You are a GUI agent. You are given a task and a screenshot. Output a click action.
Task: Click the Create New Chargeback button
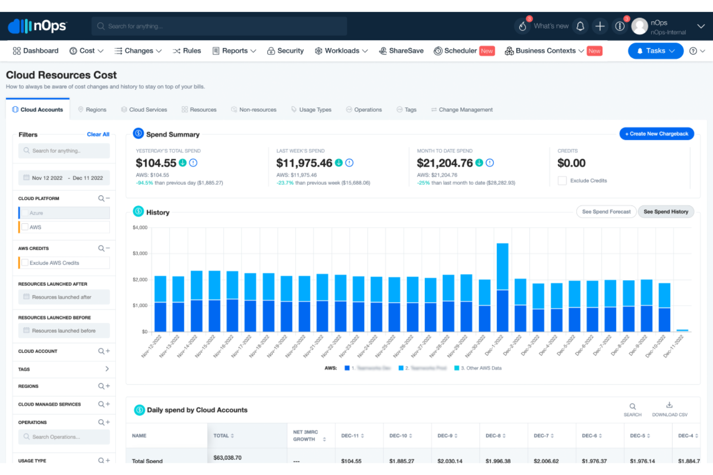656,134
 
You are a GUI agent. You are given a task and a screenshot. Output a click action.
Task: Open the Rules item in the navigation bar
187,51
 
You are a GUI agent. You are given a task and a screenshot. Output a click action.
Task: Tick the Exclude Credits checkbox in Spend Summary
562,180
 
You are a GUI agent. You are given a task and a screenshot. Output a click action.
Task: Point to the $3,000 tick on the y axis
140,253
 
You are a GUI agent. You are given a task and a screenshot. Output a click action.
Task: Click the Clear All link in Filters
98,134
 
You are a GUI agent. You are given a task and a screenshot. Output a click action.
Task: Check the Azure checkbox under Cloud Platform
25,213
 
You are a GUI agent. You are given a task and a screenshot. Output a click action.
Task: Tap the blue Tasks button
655,51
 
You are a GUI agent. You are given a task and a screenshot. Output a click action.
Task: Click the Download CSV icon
669,405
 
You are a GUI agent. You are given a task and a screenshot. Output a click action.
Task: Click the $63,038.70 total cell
227,458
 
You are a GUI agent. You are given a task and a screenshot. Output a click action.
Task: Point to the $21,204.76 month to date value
445,163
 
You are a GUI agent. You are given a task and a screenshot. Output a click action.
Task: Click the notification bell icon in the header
580,26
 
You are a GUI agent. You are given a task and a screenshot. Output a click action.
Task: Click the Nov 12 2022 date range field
64,178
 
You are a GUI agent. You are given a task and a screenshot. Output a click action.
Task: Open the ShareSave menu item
401,51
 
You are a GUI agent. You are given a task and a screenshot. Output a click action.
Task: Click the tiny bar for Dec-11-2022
682,330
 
